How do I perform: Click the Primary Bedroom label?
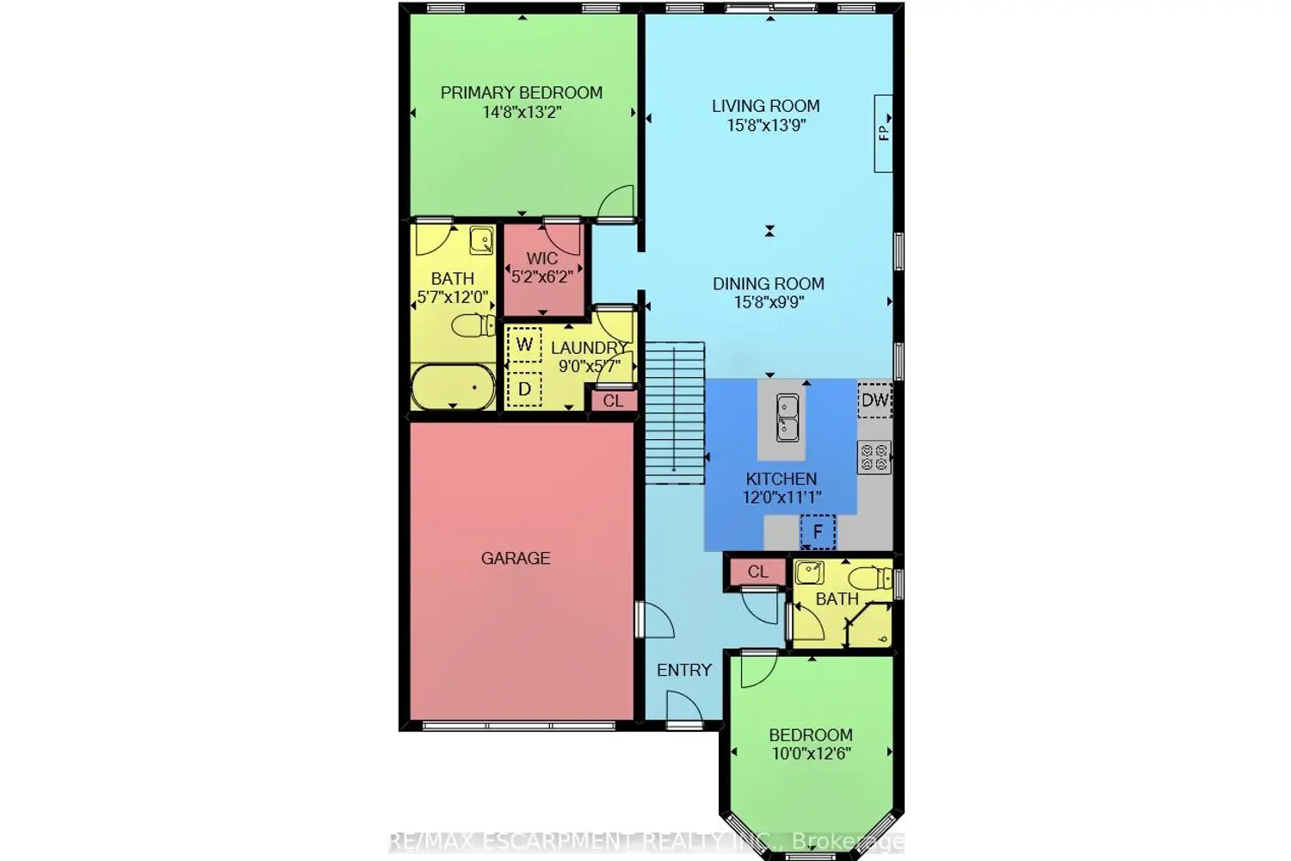[x=522, y=93]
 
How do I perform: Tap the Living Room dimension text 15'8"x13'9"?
[x=766, y=125]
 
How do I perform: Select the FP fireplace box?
[x=883, y=133]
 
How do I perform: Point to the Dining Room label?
[x=769, y=284]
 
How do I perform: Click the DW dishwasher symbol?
[x=874, y=400]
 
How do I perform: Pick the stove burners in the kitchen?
[x=874, y=457]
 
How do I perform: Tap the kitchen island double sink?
[x=788, y=418]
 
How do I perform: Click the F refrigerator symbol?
[x=818, y=532]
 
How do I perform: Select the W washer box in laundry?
[x=524, y=345]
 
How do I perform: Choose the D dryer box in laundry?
[x=524, y=389]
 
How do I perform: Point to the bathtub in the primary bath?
[x=453, y=387]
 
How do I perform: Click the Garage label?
[x=516, y=558]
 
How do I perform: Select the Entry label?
[x=684, y=670]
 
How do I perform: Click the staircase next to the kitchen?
[x=674, y=413]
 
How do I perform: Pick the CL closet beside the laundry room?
[x=613, y=401]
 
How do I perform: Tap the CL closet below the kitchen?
[x=758, y=572]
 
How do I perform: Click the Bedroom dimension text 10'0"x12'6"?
[x=812, y=753]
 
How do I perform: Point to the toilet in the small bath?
[x=870, y=579]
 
